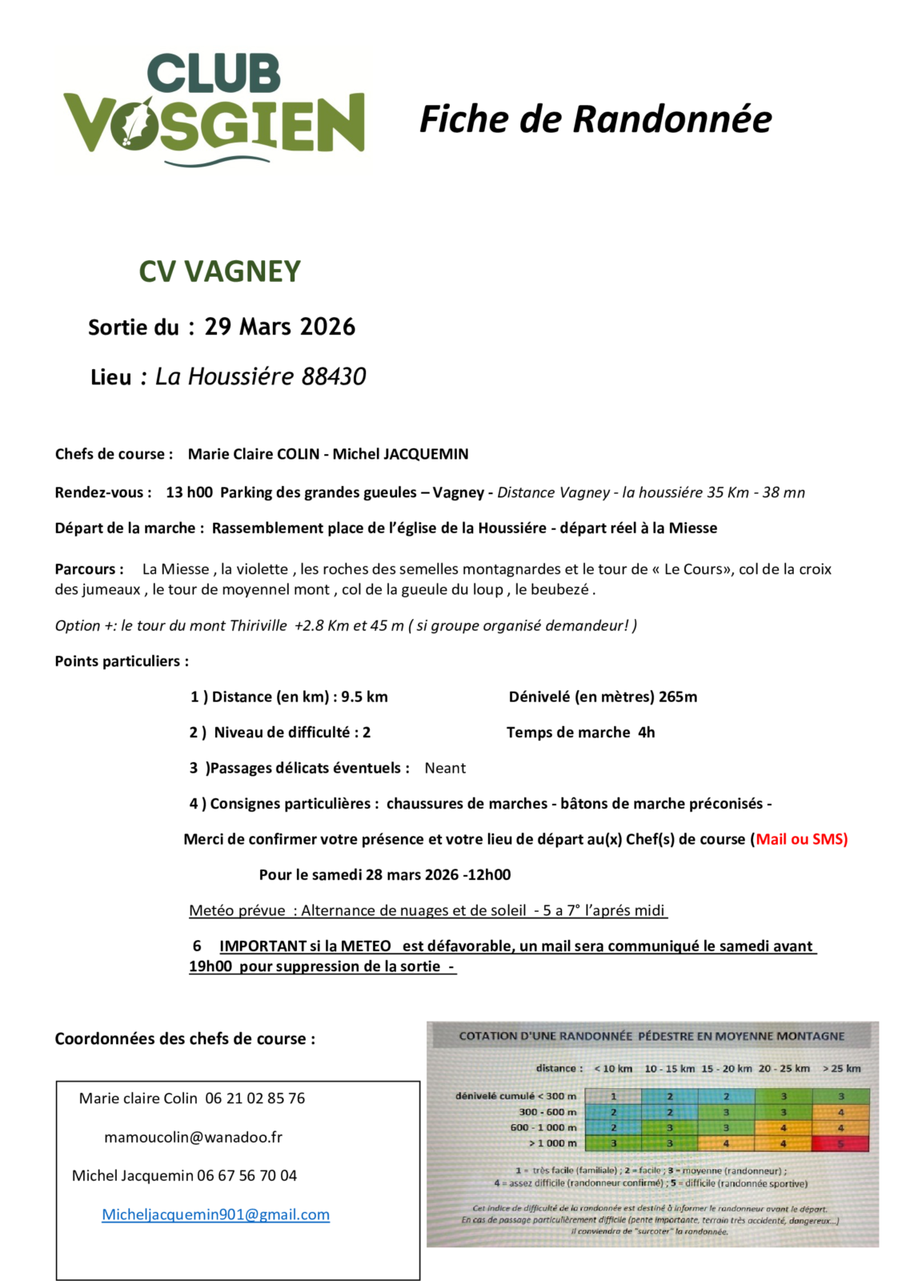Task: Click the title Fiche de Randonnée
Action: tap(595, 119)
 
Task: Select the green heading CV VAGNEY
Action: tap(219, 271)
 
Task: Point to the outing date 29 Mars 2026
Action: tap(279, 327)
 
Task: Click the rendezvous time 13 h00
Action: tap(189, 492)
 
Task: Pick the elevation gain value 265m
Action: tap(678, 697)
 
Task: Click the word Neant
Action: tap(445, 768)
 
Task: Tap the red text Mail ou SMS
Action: tap(801, 839)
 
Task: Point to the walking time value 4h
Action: tap(647, 732)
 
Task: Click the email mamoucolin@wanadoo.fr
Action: tap(193, 1137)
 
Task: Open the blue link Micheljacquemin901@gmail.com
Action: tap(215, 1215)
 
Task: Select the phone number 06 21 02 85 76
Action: tap(255, 1098)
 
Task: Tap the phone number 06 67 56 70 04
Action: tap(247, 1175)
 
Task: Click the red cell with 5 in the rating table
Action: tap(840, 1143)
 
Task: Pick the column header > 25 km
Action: tap(841, 1068)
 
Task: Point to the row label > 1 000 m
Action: tap(552, 1143)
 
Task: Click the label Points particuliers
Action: tap(122, 661)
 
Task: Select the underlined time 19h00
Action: tap(210, 966)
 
